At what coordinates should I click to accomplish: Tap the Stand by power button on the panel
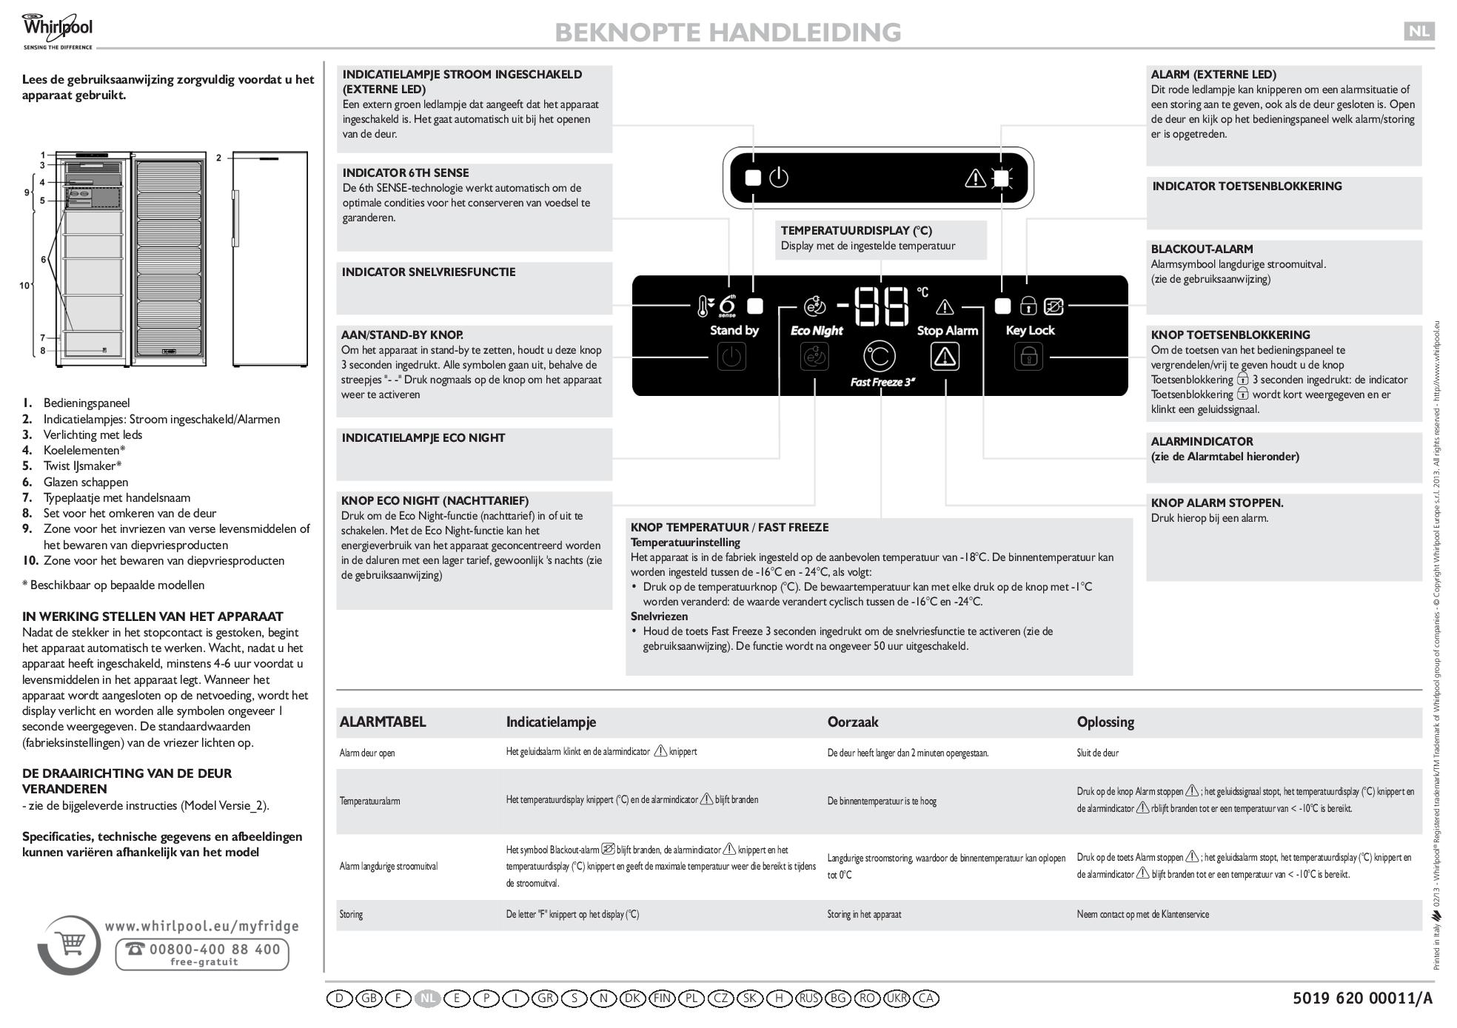[x=731, y=357]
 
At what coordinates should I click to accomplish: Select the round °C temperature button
[x=880, y=357]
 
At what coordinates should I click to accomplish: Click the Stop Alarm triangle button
[x=945, y=357]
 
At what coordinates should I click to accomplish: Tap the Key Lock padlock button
[x=1028, y=357]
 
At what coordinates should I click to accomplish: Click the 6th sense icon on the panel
[x=727, y=305]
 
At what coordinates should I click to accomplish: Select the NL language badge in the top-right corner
[x=1419, y=31]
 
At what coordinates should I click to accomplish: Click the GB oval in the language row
[x=369, y=998]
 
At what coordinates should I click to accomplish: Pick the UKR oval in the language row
[x=897, y=998]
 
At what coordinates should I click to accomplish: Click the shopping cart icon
[x=71, y=945]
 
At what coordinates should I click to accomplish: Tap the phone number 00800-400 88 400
[x=202, y=950]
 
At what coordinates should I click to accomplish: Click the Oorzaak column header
[x=853, y=722]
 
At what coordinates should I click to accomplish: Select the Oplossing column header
[x=1105, y=722]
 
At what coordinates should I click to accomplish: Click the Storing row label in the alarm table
[x=351, y=915]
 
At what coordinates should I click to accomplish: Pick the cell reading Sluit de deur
[x=1097, y=753]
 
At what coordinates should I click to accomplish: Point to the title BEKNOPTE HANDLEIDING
[x=727, y=33]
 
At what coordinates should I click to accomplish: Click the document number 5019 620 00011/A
[x=1362, y=998]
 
